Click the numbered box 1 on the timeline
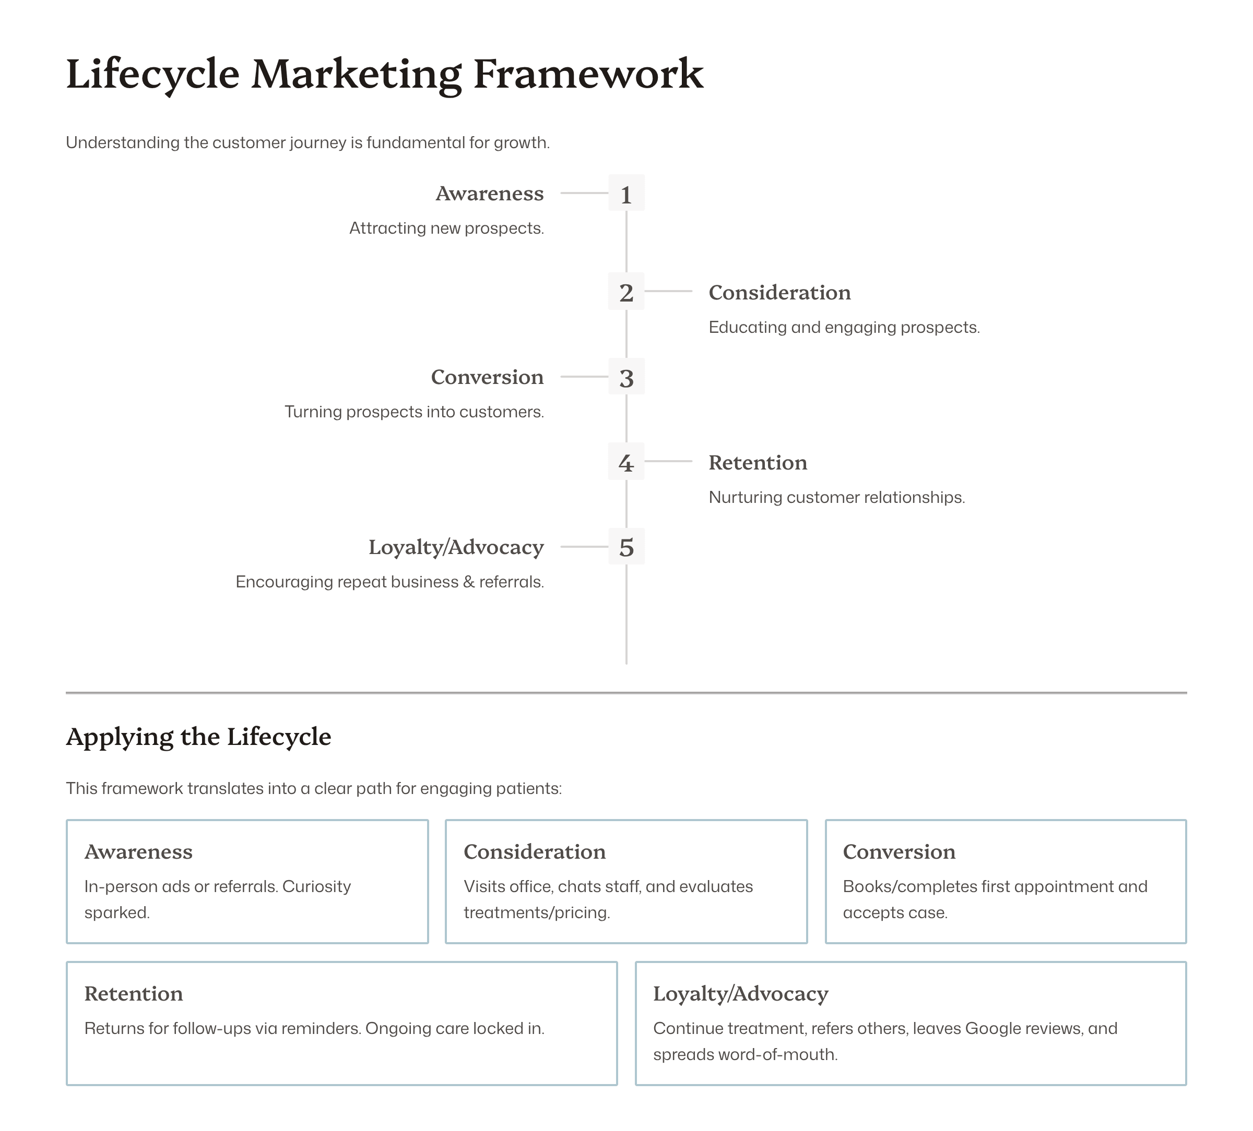(626, 193)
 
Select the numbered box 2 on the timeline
(626, 291)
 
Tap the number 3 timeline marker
(626, 376)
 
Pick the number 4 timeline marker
(626, 462)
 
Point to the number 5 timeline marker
(626, 547)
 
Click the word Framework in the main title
(588, 75)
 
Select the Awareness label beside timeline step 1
(489, 194)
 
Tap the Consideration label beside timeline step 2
(779, 293)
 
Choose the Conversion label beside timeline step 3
(487, 377)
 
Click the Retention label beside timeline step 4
(758, 463)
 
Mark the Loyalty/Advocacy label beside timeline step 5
(456, 547)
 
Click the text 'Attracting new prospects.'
(446, 228)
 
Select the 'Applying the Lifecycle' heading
(198, 737)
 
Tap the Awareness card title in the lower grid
(138, 852)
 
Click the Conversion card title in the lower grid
(899, 852)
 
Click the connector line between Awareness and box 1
(584, 193)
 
